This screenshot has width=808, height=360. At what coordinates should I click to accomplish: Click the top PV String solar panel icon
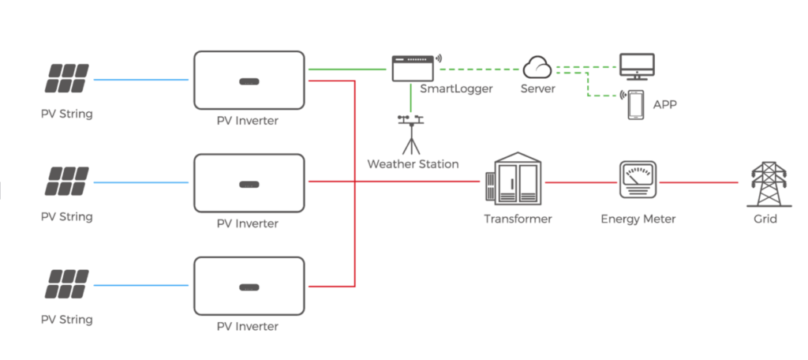coord(68,79)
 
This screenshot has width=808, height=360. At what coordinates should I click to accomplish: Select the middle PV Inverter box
coord(249,182)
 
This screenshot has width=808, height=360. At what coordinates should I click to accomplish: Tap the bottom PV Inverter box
coord(249,285)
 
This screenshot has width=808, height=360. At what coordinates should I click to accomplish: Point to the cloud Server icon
coord(537,67)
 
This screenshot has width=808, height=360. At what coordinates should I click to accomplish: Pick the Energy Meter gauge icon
coord(638,182)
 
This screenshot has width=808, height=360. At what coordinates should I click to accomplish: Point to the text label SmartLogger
coord(456,88)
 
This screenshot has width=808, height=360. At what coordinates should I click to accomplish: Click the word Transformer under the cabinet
coord(518,219)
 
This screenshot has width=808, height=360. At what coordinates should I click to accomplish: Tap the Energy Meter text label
coord(638,219)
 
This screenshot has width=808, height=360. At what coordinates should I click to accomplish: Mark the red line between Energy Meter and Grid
coord(698,182)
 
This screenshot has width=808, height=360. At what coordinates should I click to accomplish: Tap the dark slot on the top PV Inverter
coord(249,79)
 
